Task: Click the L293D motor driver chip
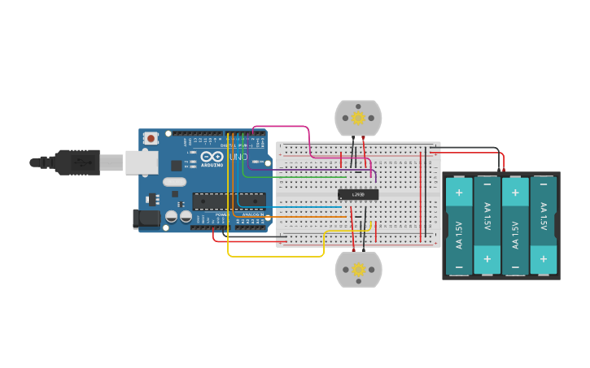(358, 194)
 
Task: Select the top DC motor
(358, 119)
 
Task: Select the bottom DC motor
(358, 269)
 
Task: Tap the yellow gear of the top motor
(358, 118)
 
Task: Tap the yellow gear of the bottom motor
(358, 270)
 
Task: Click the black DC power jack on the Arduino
(145, 218)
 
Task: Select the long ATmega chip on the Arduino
(229, 200)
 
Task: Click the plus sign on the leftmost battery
(459, 193)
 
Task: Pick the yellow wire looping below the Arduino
(277, 257)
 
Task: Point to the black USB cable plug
(77, 162)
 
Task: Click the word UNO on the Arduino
(238, 157)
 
